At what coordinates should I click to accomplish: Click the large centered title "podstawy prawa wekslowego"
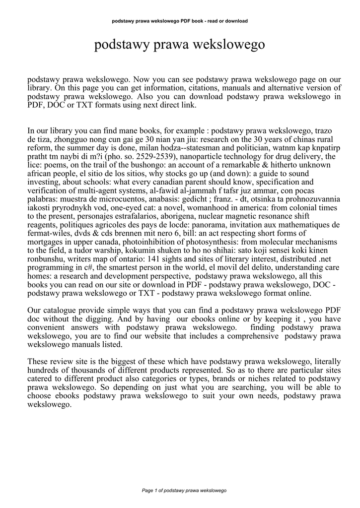click(x=179, y=46)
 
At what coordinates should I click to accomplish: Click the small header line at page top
click(x=180, y=21)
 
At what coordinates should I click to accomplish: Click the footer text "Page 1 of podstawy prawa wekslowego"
click(x=184, y=490)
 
